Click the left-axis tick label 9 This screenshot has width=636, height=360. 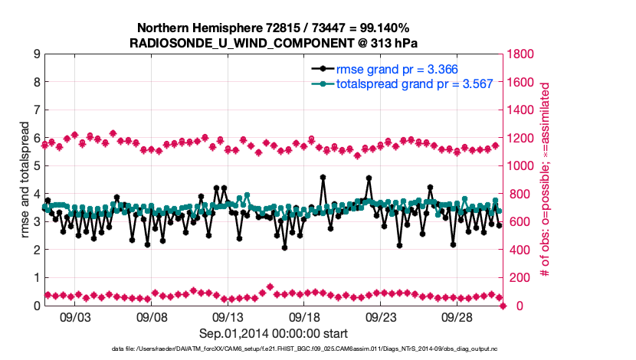pyautogui.click(x=37, y=54)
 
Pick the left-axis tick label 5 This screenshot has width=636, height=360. pyautogui.click(x=37, y=166)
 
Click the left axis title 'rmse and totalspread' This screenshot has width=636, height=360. pyautogui.click(x=25, y=179)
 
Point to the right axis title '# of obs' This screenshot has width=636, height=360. pyautogui.click(x=546, y=179)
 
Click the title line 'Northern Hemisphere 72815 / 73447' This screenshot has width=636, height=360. pyautogui.click(x=274, y=28)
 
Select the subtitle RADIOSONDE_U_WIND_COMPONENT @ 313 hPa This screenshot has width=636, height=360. pyautogui.click(x=274, y=43)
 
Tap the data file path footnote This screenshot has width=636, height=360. pyautogui.click(x=274, y=349)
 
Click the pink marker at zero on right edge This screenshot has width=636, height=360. pyautogui.click(x=503, y=306)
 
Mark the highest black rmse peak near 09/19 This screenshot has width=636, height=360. pyautogui.click(x=323, y=177)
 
